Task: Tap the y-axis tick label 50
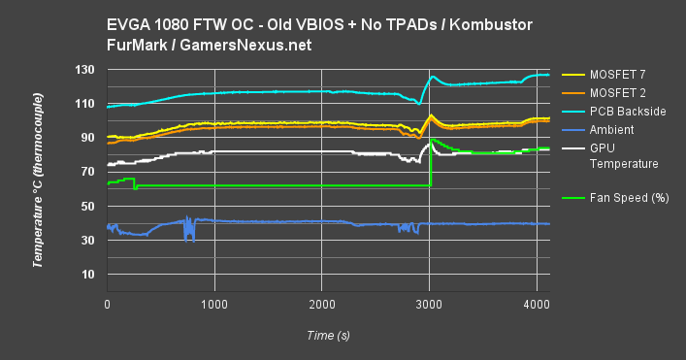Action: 85,206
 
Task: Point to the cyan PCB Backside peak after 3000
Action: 434,77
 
